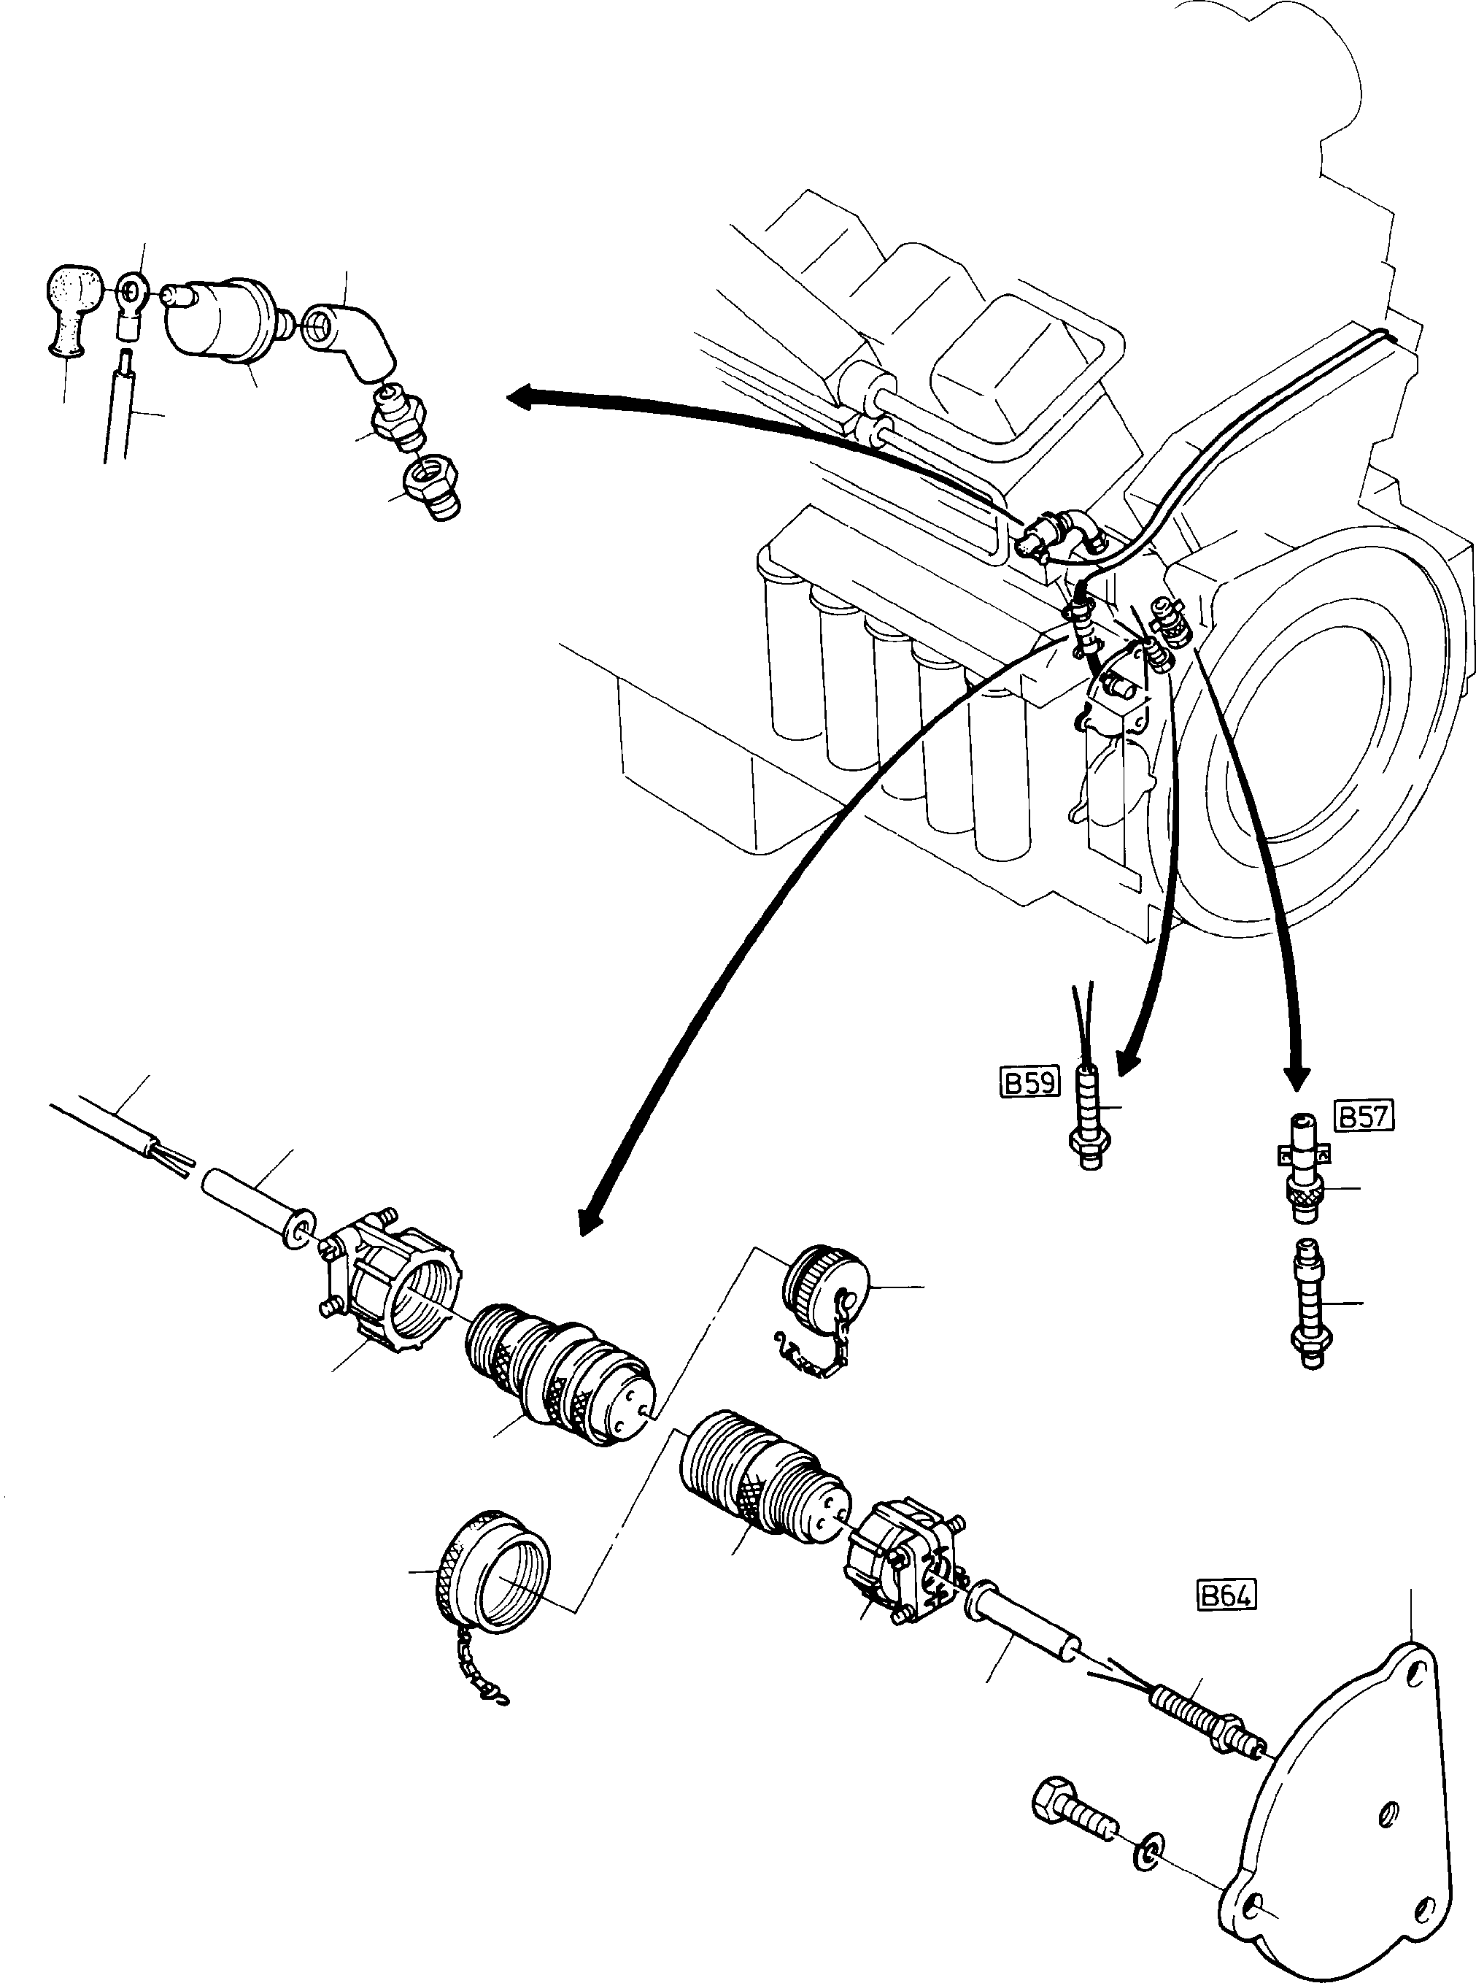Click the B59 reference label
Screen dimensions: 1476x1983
1028,1082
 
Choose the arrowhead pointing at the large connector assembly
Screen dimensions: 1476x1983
592,1219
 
